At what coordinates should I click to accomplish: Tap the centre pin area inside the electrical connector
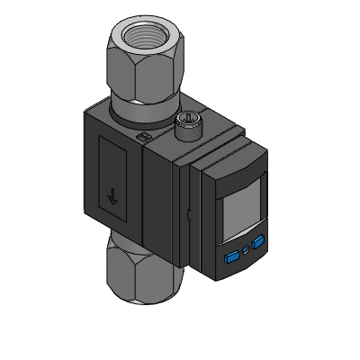point(189,116)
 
